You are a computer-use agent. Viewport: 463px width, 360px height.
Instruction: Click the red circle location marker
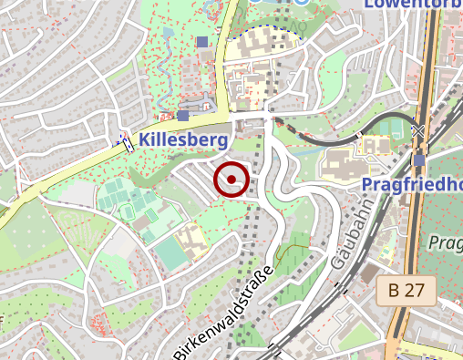231,179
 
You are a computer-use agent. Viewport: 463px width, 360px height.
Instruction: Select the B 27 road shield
406,291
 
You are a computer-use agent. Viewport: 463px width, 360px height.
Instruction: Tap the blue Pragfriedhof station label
413,185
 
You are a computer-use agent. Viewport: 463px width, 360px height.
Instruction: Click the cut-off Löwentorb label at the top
413,4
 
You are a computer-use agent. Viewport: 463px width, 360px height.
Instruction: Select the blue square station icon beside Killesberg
183,116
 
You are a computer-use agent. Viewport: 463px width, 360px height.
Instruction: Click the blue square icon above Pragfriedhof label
418,160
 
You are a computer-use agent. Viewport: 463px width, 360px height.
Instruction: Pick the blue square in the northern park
201,41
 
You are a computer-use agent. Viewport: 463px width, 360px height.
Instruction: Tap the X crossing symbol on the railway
417,132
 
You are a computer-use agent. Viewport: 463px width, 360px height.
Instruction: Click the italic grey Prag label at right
445,242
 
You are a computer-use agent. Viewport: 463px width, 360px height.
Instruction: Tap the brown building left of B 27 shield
368,273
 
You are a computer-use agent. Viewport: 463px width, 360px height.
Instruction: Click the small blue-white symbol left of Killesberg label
124,141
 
